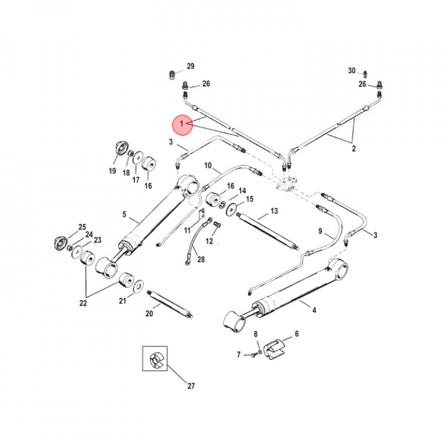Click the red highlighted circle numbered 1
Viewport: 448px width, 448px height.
(182, 125)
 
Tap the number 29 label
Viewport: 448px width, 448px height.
(190, 67)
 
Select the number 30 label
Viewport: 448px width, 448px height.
(352, 70)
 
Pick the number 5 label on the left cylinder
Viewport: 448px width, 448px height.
(124, 215)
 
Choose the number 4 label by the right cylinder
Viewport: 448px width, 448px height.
(313, 310)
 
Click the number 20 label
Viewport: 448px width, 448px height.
(149, 314)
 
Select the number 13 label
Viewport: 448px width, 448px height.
(273, 212)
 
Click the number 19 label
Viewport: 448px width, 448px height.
(113, 171)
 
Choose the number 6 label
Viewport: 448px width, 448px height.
(296, 334)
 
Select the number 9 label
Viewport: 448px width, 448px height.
(321, 231)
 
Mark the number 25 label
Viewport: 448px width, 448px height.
(82, 226)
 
